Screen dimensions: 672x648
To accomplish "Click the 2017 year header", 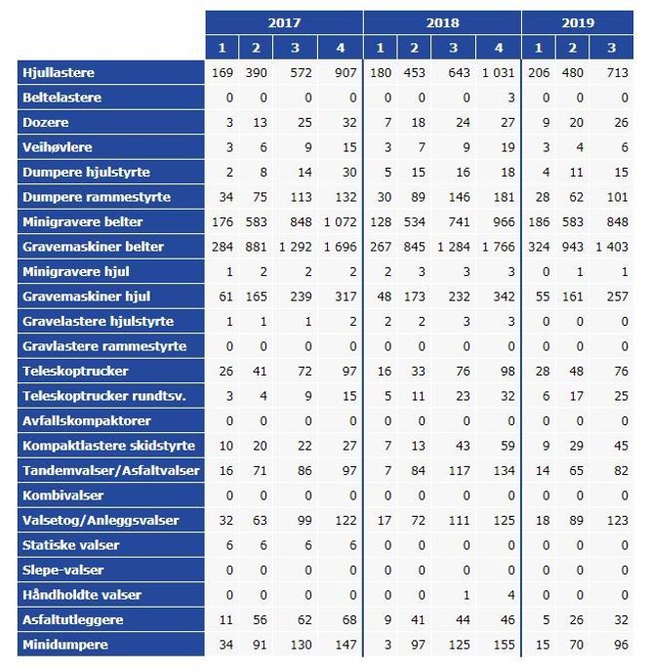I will pyautogui.click(x=284, y=22).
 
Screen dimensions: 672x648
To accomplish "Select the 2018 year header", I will pyautogui.click(x=441, y=22).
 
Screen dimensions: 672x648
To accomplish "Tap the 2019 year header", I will pyautogui.click(x=578, y=22).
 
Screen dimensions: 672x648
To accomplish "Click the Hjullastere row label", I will pyautogui.click(x=59, y=73).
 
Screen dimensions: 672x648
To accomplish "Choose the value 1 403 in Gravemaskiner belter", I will pyautogui.click(x=613, y=247).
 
